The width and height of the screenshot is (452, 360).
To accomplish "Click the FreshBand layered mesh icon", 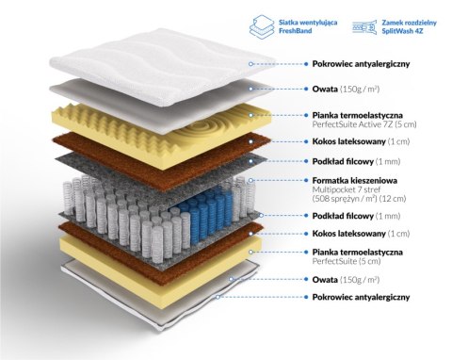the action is coord(263,27).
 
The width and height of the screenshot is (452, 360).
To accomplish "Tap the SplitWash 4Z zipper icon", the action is coord(364,26).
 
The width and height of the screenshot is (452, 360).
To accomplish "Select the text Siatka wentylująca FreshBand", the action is coord(308,26).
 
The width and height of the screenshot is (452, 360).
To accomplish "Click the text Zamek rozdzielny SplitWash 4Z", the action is coord(409,26).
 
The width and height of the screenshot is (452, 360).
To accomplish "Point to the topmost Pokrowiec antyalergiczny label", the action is coord(361,64).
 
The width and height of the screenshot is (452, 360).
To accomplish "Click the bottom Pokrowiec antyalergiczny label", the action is coord(361,297).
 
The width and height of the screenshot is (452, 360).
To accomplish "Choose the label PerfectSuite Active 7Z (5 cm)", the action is coord(364,124).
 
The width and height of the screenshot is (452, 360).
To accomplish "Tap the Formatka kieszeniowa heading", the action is coord(355,180).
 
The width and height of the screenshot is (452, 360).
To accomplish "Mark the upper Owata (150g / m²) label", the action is coord(346,89).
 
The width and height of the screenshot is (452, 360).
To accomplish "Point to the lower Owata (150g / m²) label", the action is coord(346,280).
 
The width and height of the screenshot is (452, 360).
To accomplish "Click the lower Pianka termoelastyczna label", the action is coord(358,252).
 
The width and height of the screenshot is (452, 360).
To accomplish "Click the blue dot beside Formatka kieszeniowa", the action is coord(306,180).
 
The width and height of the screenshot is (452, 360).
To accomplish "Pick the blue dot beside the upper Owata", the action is coord(306,89).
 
